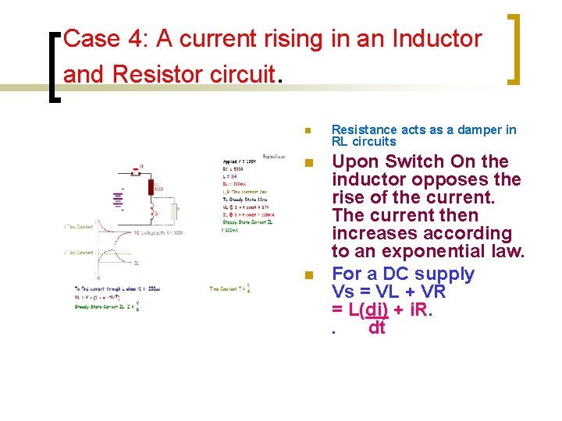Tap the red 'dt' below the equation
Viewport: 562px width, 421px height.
coord(376,327)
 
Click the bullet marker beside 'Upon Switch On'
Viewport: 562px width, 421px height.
coord(308,163)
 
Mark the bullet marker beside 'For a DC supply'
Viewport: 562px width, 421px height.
coord(308,275)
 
